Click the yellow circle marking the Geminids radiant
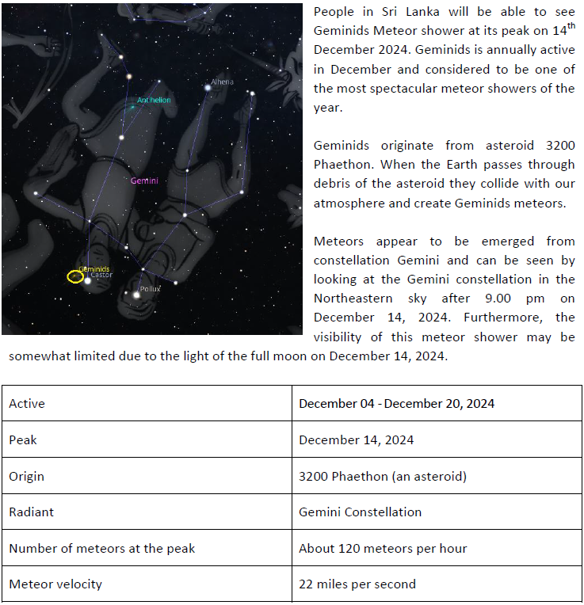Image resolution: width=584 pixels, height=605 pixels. pyautogui.click(x=75, y=276)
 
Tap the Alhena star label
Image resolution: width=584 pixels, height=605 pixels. pyautogui.click(x=222, y=82)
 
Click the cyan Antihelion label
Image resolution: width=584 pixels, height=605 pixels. pyautogui.click(x=154, y=101)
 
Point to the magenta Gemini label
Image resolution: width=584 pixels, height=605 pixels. pyautogui.click(x=144, y=181)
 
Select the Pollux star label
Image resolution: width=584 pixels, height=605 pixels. pyautogui.click(x=151, y=289)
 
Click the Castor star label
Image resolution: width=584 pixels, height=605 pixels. pyautogui.click(x=101, y=275)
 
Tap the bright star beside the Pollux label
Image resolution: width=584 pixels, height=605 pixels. pyautogui.click(x=136, y=295)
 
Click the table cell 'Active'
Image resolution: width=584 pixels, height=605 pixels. pyautogui.click(x=27, y=403)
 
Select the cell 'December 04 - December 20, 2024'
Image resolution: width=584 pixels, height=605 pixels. pyautogui.click(x=396, y=403)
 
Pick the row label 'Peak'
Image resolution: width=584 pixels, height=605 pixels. pyautogui.click(x=23, y=439)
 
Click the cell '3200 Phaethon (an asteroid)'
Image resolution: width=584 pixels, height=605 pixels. pyautogui.click(x=382, y=476)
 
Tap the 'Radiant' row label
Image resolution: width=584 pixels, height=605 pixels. pyautogui.click(x=31, y=512)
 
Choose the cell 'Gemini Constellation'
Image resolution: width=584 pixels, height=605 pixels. pyautogui.click(x=360, y=512)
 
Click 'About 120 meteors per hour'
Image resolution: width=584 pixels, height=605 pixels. pyautogui.click(x=383, y=548)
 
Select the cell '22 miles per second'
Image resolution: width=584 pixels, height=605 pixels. pyautogui.click(x=357, y=584)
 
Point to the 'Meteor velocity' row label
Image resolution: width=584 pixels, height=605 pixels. pyautogui.click(x=55, y=584)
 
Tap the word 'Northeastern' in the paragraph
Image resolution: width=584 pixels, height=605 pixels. pyautogui.click(x=352, y=299)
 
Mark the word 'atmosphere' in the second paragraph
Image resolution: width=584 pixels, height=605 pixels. pyautogui.click(x=349, y=203)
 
